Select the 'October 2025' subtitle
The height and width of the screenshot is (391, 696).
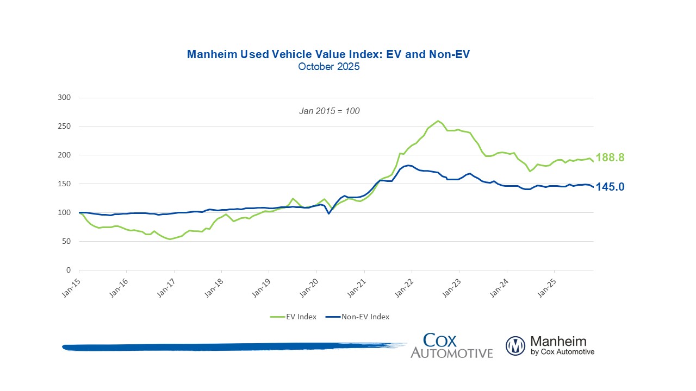(328, 67)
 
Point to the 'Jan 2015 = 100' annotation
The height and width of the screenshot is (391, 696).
(330, 111)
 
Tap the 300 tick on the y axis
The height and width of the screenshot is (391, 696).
(65, 98)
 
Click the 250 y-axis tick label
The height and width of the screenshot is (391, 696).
(65, 127)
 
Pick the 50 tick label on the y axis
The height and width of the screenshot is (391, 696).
(66, 241)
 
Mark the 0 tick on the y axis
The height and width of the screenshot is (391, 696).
(69, 270)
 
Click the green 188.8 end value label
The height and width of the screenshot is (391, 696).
(610, 157)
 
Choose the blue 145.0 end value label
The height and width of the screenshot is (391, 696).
(610, 187)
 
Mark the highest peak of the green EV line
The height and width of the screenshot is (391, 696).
(438, 121)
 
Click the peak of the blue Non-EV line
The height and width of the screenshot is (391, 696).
(408, 165)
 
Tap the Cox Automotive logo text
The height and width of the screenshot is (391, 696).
(451, 346)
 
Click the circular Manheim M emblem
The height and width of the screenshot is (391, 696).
(515, 346)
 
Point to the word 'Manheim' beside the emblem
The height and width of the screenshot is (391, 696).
(558, 342)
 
